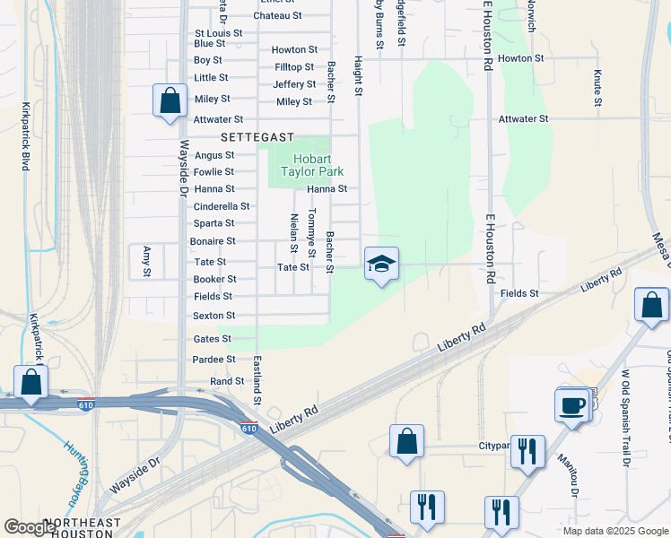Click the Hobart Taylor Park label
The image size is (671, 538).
[308, 164]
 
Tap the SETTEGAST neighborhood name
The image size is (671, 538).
[258, 137]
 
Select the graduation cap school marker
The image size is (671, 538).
[381, 265]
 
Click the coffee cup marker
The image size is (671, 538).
[573, 405]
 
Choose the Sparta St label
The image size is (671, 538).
[213, 223]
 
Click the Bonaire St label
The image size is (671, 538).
[213, 241]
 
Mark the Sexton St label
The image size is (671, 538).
[213, 316]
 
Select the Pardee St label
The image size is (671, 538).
[213, 360]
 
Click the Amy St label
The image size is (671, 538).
[146, 261]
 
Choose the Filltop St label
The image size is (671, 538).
[294, 67]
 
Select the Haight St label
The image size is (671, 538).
[357, 75]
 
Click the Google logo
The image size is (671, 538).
[30, 527]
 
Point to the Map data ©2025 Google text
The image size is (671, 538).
[614, 531]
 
